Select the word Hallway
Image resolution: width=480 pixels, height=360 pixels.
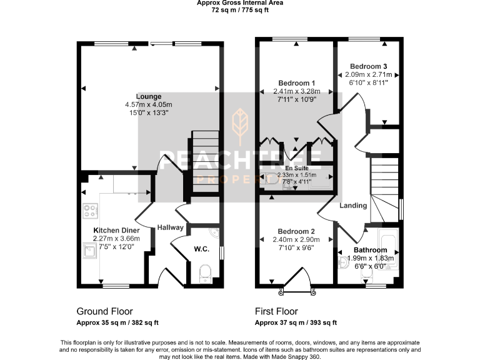tap(169, 227)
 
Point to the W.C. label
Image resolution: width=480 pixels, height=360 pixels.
tap(201, 249)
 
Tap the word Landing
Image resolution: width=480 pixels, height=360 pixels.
tap(352, 206)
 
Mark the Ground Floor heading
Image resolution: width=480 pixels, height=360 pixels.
tap(104, 311)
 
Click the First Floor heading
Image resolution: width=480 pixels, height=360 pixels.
tap(276, 311)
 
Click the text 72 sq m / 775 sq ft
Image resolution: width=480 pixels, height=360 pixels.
tap(240, 10)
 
